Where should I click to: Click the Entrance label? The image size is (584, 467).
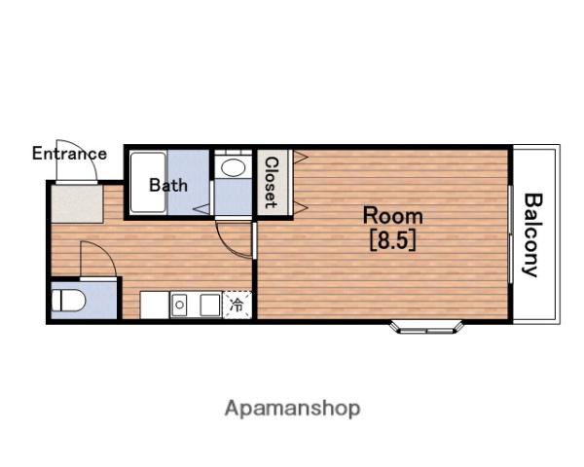coord(69,154)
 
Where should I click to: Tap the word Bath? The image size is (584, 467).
coord(168,185)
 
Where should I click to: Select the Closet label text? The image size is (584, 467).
coord(272,183)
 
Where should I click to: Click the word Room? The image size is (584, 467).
coord(393,216)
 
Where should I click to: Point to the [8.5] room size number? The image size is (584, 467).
coord(393,241)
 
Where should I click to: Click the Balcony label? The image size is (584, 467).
coord(531,235)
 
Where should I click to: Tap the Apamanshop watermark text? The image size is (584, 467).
coord(293,409)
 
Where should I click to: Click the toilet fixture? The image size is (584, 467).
coord(68,301)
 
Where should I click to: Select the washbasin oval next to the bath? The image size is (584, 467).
coord(234,167)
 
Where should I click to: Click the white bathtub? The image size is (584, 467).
coord(148,182)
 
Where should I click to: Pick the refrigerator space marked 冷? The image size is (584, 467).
coord(237,305)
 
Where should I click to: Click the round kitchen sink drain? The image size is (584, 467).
coord(179,305)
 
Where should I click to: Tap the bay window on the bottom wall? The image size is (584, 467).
coord(427,327)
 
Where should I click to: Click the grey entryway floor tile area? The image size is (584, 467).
coord(77,203)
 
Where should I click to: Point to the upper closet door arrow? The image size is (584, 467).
coord(300,158)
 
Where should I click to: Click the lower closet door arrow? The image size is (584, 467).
coord(300,208)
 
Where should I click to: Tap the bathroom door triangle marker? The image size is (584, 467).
coord(201,209)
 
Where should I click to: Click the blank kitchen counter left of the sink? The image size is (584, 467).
coord(155,305)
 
